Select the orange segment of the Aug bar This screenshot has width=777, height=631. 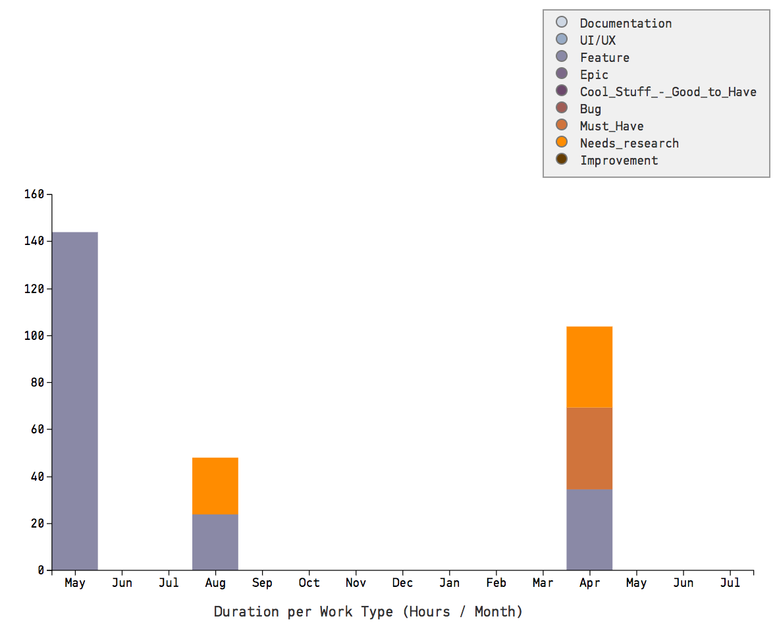coord(215,486)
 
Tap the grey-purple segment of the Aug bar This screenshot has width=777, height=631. coord(215,542)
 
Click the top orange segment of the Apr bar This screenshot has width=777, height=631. coord(589,367)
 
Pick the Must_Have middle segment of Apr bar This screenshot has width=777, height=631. coord(589,449)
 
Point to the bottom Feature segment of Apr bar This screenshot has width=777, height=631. coord(589,530)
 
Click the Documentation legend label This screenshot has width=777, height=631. coord(626,23)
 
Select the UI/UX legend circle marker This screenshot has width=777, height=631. coord(562,39)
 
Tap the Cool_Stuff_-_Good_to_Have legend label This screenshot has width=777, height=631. coord(668,92)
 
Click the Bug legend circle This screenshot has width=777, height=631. coord(562,107)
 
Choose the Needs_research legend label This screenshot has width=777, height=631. coord(629,143)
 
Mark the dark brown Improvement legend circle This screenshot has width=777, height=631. coord(562,159)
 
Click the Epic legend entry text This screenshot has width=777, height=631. coord(594,74)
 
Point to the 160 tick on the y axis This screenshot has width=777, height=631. coord(34,194)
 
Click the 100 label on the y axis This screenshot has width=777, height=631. coord(34,335)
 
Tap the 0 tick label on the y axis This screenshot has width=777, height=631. coord(40,570)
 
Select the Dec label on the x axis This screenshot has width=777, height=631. coord(402,583)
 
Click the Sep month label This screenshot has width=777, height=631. coord(262,583)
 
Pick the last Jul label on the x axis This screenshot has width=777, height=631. coord(730,583)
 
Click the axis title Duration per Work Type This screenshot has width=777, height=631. coord(368,611)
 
